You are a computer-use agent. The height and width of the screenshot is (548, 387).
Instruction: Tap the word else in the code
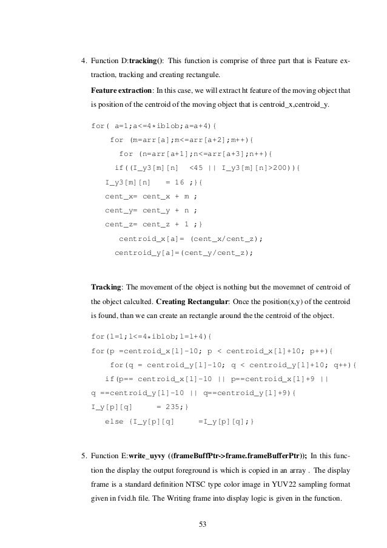coord(115,421)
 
